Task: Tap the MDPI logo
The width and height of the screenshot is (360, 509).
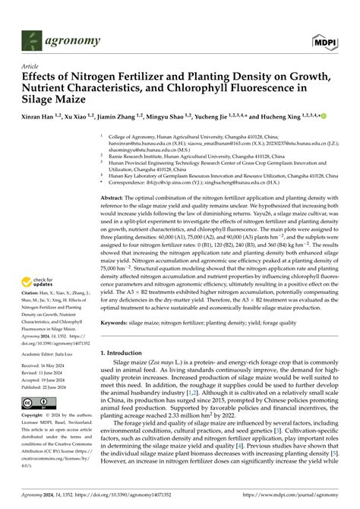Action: (x=324, y=41)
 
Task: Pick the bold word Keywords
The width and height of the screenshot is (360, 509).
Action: (x=120, y=323)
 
